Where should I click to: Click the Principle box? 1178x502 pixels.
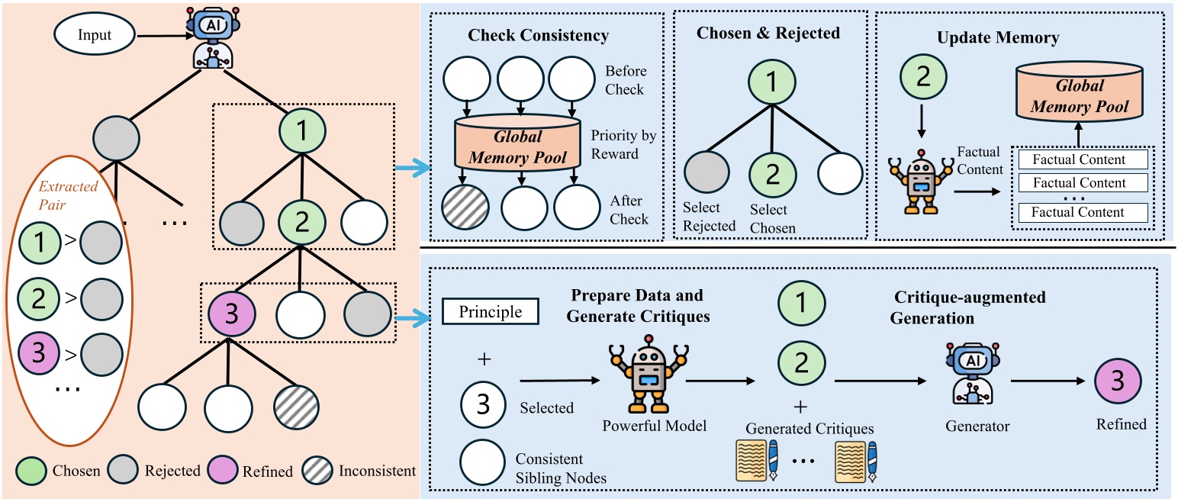pos(491,311)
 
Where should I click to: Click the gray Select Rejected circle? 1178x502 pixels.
pos(706,174)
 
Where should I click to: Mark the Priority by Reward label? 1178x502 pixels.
pos(623,145)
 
